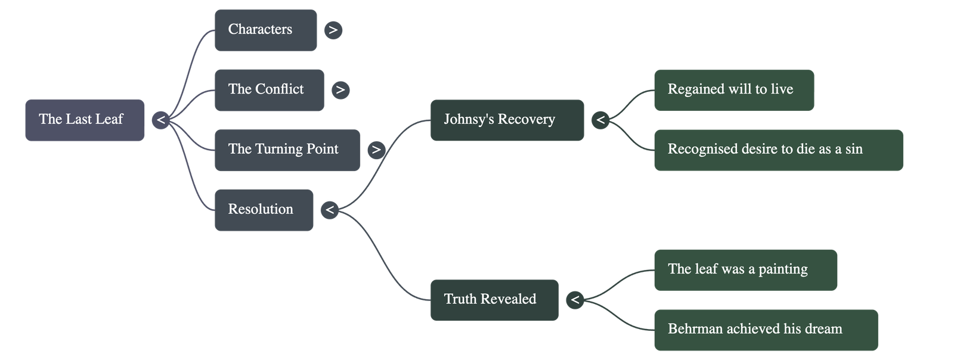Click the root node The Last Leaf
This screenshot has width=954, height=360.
tap(84, 120)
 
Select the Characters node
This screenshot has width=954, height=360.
tap(265, 30)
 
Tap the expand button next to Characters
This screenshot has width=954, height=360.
tap(333, 30)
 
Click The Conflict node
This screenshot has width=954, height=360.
tap(269, 90)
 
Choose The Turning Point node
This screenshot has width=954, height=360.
tap(287, 150)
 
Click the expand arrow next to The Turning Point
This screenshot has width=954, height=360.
tap(376, 150)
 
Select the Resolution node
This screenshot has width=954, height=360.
tap(264, 210)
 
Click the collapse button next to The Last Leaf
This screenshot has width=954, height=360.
tap(160, 120)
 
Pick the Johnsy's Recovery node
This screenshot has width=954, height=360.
tap(507, 120)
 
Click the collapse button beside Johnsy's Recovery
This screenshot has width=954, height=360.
tap(600, 120)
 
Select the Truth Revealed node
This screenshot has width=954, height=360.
tap(494, 300)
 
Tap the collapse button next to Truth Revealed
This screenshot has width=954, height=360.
tap(575, 300)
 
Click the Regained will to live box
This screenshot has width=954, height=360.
tap(733, 90)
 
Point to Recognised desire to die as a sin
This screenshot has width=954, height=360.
tap(778, 150)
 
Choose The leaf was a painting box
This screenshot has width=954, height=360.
tap(745, 270)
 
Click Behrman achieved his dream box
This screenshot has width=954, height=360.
tap(766, 330)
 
